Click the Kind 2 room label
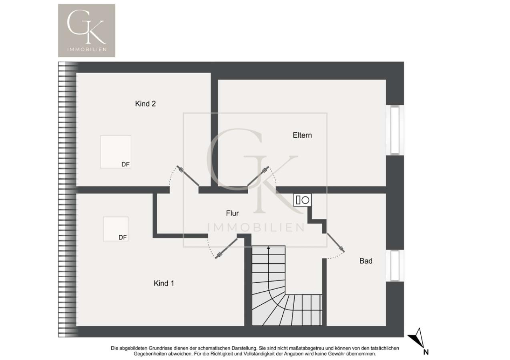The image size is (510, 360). point(145,104)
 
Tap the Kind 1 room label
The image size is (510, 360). point(164,283)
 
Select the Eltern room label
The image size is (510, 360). point(302,135)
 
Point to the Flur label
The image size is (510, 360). point(232,213)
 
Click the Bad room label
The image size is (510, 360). point(366,261)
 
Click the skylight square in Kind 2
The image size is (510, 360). point(116,152)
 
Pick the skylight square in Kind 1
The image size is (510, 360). point(116,229)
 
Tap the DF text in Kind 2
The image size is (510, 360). point(125,164)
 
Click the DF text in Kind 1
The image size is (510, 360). point(122,237)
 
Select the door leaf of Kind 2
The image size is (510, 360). point(188,176)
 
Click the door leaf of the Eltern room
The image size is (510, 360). point(258,176)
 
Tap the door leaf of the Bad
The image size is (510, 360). point(336,242)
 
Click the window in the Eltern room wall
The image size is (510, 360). point(395,130)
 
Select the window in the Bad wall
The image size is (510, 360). point(395,266)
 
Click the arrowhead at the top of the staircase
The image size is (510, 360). point(269,247)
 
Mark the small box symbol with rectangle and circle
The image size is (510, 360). point(302,200)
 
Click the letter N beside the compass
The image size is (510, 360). point(426,352)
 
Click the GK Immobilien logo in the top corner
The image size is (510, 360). point(86,30)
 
